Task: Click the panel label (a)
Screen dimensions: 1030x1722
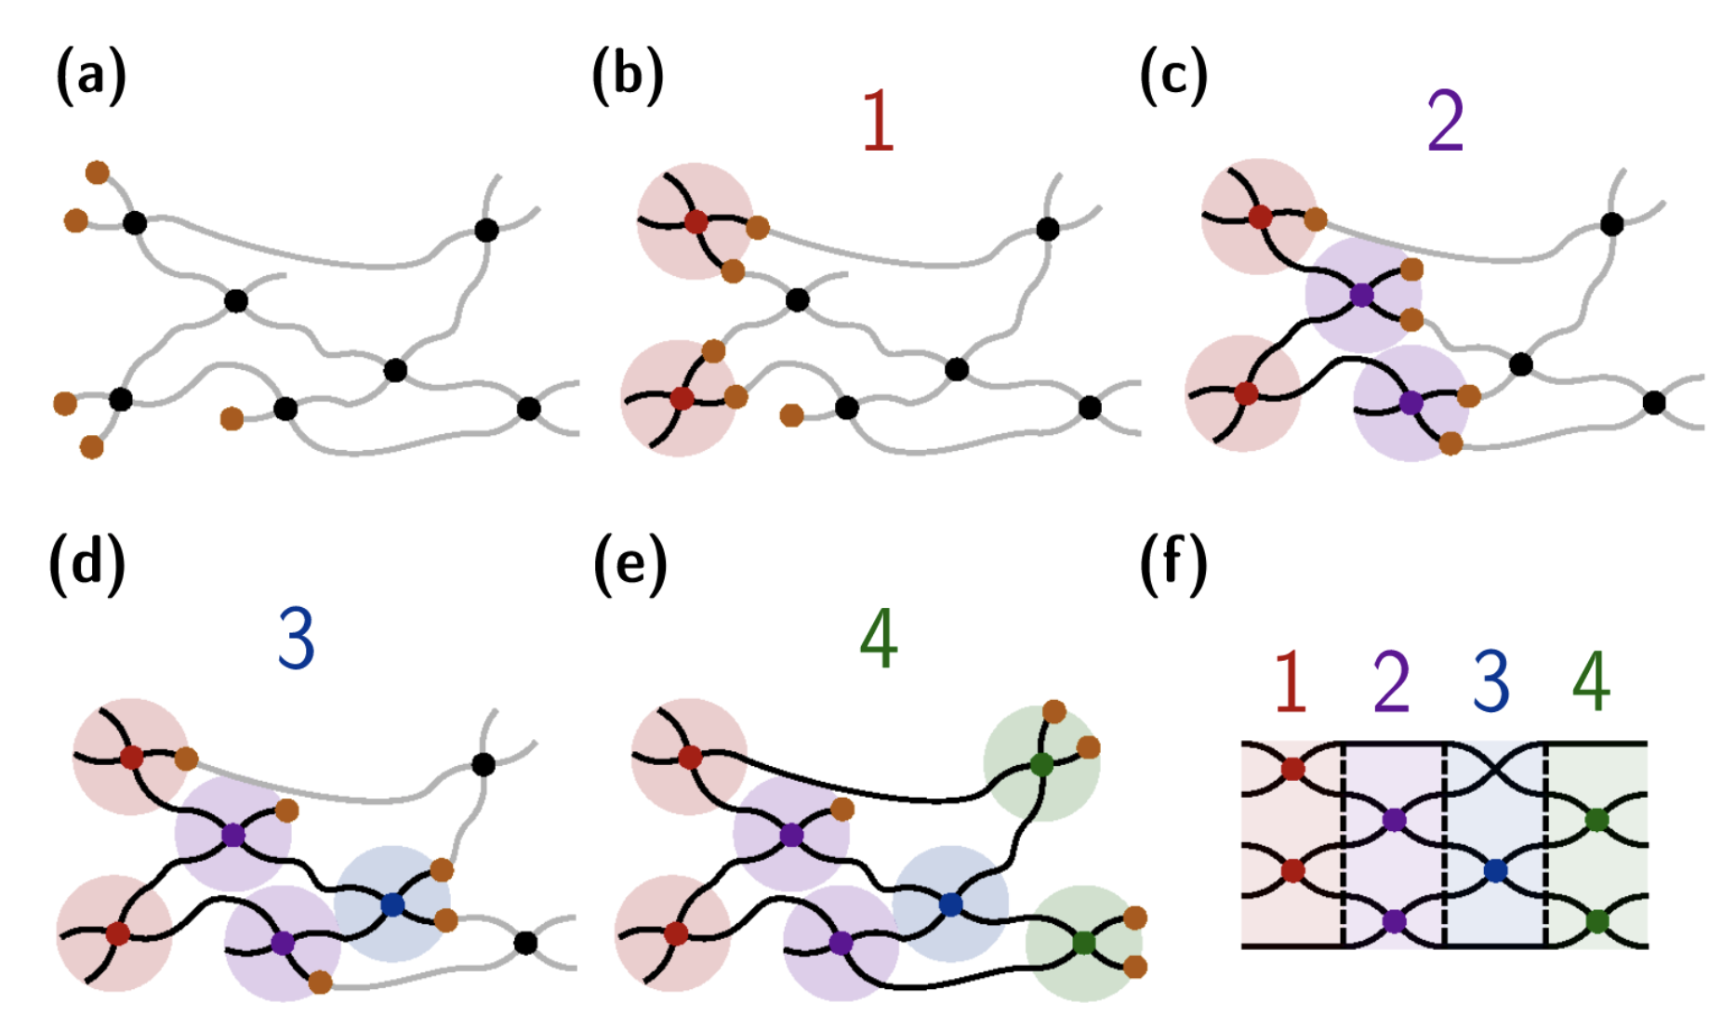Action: click(90, 76)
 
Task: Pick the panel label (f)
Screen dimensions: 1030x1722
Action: click(1172, 563)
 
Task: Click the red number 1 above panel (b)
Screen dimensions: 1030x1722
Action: click(878, 122)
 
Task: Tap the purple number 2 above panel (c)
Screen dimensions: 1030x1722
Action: click(1445, 122)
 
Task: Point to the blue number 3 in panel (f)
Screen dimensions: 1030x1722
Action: click(1490, 681)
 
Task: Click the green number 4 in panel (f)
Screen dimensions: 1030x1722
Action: click(1591, 681)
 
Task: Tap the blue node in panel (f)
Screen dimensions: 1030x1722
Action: click(1495, 871)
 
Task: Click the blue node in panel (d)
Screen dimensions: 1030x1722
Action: click(392, 904)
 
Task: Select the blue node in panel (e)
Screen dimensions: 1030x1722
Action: click(949, 904)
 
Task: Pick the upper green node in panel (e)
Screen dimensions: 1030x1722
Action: click(1042, 765)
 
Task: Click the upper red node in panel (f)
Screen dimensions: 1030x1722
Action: click(1292, 769)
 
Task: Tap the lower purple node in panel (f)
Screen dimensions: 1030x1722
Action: click(1393, 921)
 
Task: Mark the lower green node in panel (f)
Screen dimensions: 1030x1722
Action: click(1596, 921)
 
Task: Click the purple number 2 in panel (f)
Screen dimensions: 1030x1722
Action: click(1391, 681)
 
